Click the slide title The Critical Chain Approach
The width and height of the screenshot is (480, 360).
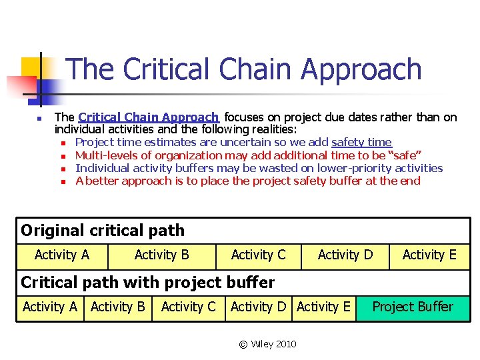coord(244,69)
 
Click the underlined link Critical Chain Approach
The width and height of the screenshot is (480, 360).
coord(148,117)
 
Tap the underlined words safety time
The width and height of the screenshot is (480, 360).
coord(361,142)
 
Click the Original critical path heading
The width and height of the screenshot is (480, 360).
coord(103,231)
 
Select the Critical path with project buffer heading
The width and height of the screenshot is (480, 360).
coord(147,282)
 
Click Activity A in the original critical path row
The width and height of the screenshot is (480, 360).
coord(62,255)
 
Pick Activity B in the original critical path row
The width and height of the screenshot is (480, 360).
coord(162,255)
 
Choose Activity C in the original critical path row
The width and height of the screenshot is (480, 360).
coord(258,255)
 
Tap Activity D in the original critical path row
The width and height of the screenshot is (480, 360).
coord(345,255)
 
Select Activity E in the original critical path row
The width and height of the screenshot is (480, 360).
coord(429,255)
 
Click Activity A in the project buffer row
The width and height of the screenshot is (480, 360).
coord(50,307)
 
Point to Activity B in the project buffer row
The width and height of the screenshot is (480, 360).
coord(118,307)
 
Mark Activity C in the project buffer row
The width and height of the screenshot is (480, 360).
coord(189,307)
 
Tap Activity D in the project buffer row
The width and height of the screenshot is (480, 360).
coord(258,307)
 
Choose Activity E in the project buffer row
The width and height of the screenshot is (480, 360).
coord(323,307)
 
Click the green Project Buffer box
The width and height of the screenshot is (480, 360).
coord(413,307)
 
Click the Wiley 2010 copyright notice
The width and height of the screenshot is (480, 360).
coord(268,344)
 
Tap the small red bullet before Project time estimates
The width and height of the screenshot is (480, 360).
coord(63,143)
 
